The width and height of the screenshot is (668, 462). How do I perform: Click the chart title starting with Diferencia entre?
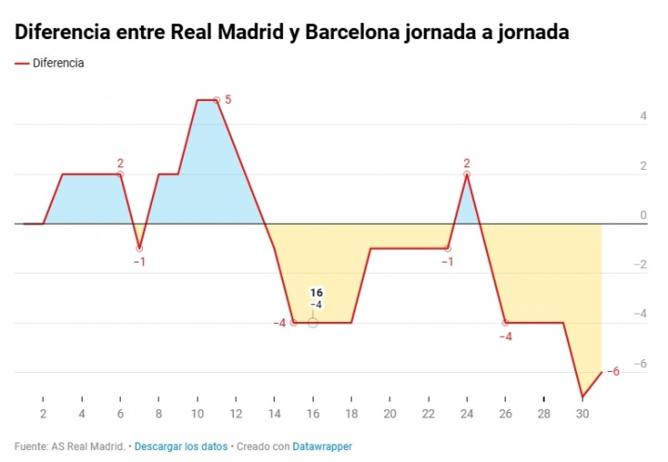click(x=292, y=32)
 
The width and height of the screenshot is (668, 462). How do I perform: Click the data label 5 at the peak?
click(x=227, y=99)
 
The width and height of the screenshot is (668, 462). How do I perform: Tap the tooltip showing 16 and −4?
click(x=316, y=298)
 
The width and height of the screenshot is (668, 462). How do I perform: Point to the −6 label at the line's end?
click(x=612, y=372)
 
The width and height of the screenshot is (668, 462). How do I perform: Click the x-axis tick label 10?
click(x=197, y=414)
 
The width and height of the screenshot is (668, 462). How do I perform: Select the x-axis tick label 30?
click(x=583, y=414)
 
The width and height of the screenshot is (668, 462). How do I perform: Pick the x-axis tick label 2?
click(x=43, y=414)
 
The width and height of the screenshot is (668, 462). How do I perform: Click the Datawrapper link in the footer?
click(x=323, y=446)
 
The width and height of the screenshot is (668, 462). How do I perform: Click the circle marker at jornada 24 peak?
click(x=467, y=174)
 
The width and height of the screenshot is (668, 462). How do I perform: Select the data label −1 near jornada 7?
click(x=139, y=262)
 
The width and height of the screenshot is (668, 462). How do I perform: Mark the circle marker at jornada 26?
click(x=506, y=323)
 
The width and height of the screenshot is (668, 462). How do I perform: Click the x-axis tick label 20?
click(x=390, y=414)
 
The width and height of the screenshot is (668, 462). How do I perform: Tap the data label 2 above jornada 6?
click(x=120, y=163)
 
